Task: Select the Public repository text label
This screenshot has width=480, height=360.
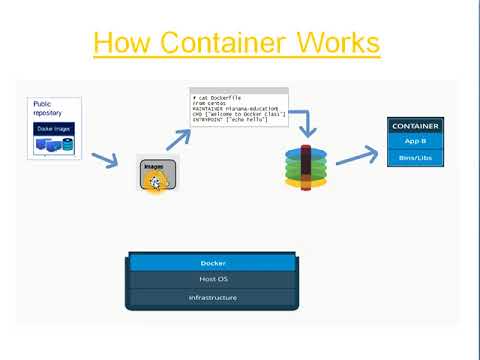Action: pos(48,108)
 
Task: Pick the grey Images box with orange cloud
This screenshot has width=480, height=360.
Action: pos(157,175)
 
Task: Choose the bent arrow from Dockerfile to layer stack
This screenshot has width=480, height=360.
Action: pos(302,122)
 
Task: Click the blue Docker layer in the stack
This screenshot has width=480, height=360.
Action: pos(213,263)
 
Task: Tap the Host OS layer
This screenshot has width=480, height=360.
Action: pos(213,280)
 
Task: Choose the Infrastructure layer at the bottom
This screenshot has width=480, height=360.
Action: pos(213,297)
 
